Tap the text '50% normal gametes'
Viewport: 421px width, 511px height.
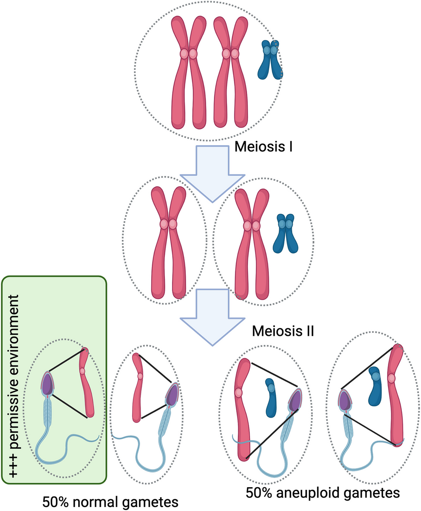[110, 502]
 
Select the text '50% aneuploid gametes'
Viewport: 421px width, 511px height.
[322, 493]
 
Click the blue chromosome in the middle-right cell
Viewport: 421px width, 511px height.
[285, 233]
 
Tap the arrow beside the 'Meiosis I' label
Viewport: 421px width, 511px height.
[212, 174]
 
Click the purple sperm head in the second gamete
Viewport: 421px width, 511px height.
[171, 395]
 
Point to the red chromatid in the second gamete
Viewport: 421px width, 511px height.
[139, 387]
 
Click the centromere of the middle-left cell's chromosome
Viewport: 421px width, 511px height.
[168, 224]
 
